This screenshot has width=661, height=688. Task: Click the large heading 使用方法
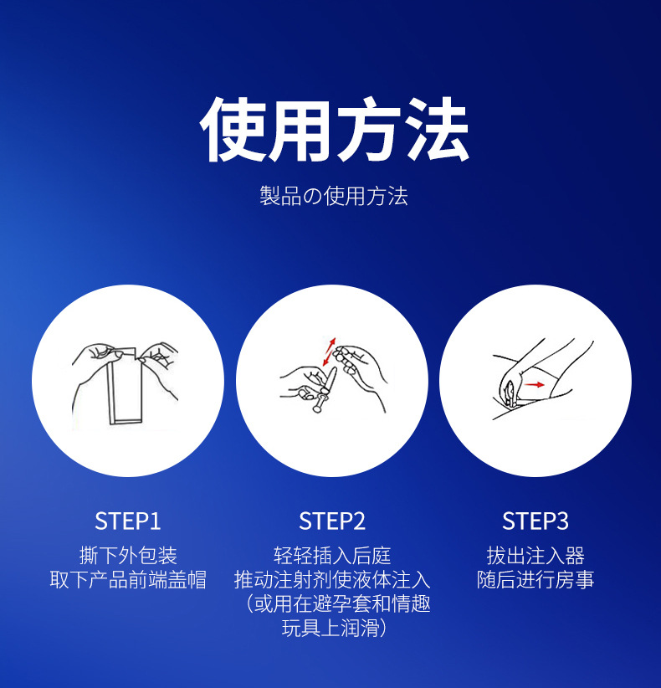click(334, 129)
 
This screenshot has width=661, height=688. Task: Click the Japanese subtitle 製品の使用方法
click(334, 196)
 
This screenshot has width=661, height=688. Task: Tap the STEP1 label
click(128, 521)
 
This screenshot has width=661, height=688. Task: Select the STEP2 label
click(332, 521)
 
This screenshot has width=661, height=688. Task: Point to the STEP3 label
click(535, 521)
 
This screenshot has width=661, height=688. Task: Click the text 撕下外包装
click(128, 556)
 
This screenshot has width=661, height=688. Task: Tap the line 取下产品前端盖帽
click(128, 580)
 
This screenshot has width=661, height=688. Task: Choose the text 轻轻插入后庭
click(332, 556)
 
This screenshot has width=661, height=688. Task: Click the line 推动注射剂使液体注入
click(332, 580)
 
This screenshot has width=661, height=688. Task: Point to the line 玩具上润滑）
click(334, 628)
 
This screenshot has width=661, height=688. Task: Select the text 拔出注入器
click(535, 556)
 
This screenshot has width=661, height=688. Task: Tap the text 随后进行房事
click(535, 580)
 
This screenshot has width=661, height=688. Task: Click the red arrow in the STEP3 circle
click(535, 385)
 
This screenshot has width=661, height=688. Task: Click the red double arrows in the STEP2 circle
click(329, 352)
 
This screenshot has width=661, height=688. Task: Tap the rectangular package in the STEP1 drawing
click(125, 388)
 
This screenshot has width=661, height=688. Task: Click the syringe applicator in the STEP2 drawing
click(325, 390)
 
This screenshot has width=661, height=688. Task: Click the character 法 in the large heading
click(437, 129)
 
